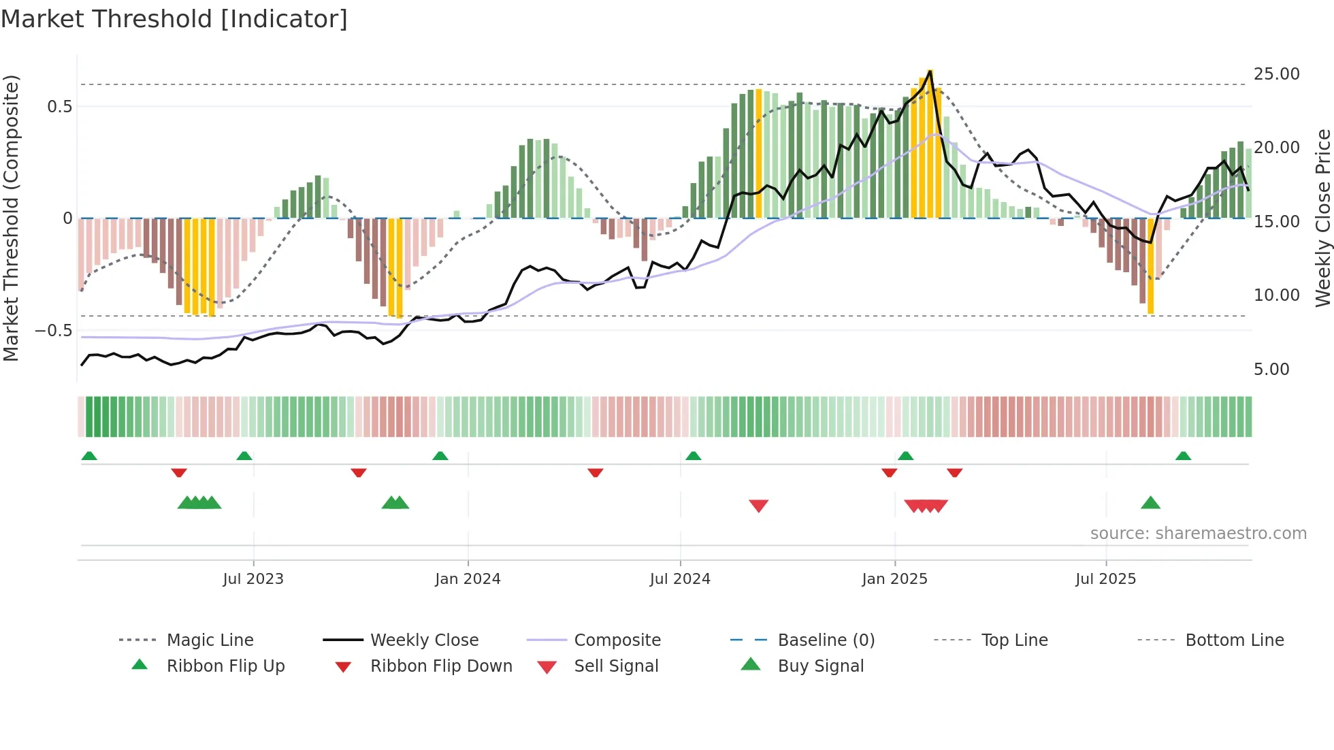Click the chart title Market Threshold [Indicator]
click(x=174, y=19)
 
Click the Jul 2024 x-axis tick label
click(x=680, y=578)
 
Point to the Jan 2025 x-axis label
click(x=894, y=578)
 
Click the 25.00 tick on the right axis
click(x=1276, y=74)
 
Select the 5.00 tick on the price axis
click(x=1271, y=369)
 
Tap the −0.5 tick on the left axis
click(x=53, y=331)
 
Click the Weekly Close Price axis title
click(x=1322, y=218)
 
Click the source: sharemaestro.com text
click(x=1198, y=533)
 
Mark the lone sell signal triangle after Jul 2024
click(x=758, y=505)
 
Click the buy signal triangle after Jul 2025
click(x=1150, y=503)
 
